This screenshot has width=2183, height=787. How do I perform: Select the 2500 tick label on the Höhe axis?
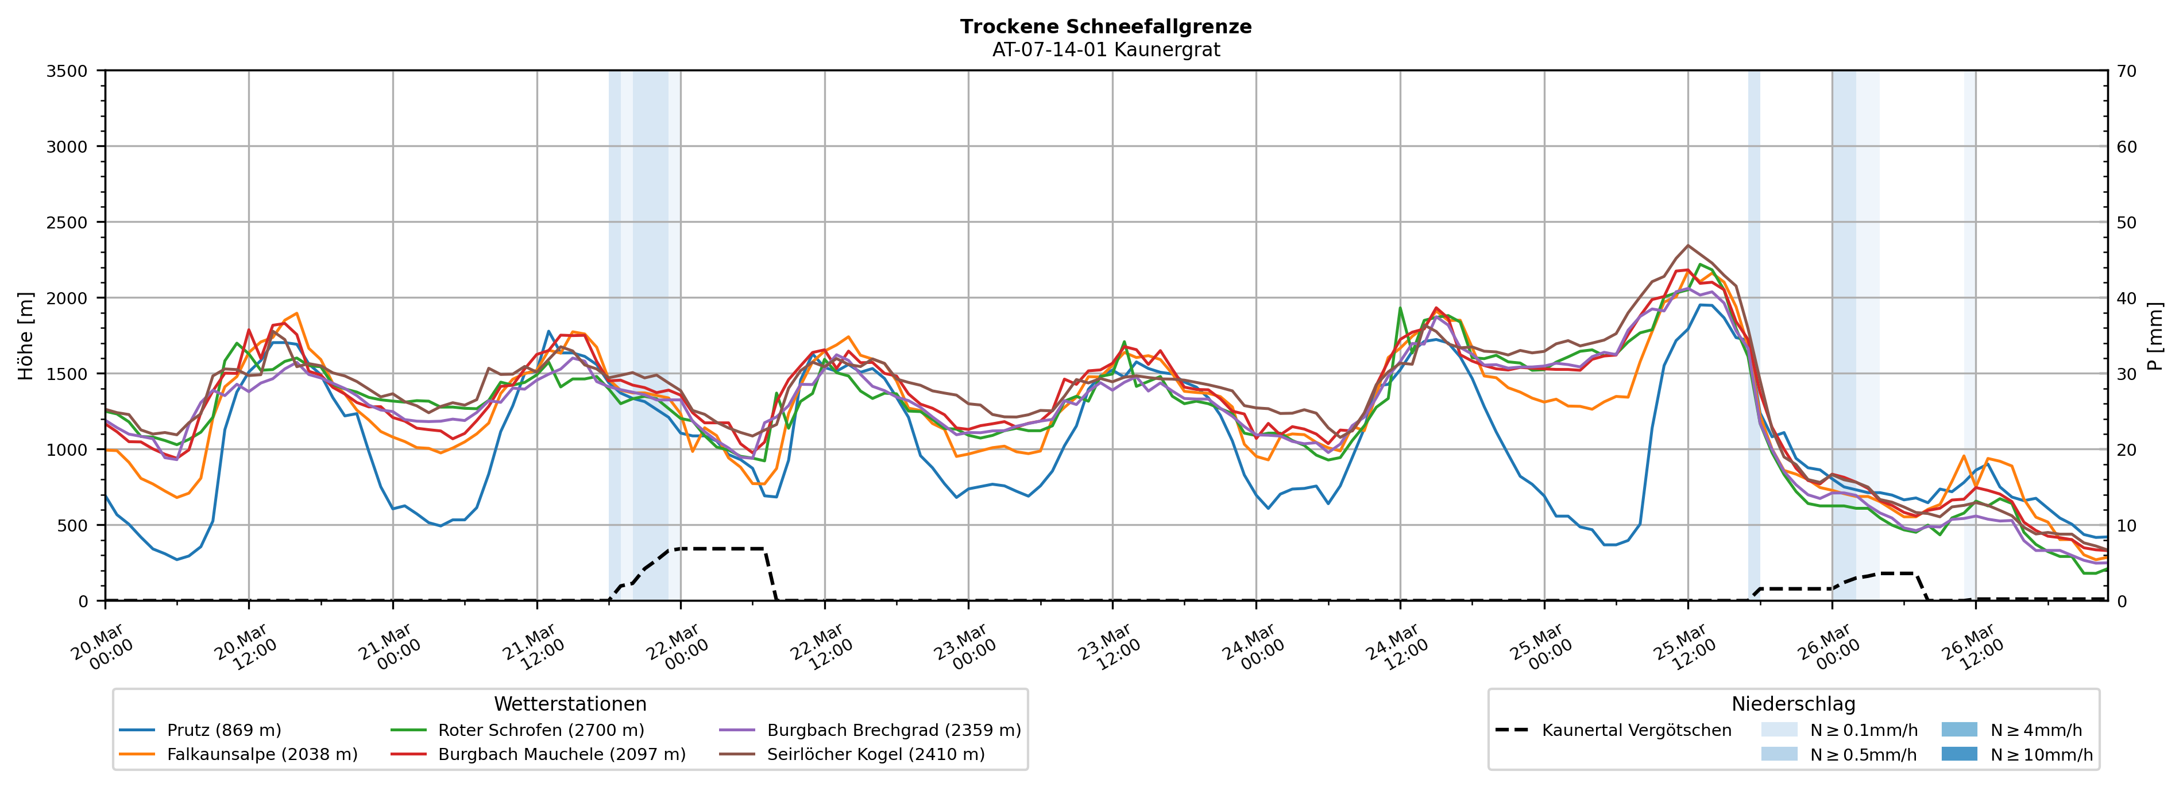[x=67, y=223]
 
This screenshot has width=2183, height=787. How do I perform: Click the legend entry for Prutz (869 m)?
[x=224, y=730]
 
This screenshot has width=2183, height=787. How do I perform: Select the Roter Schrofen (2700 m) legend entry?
[x=540, y=730]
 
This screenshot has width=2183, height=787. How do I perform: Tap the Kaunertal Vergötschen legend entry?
[x=1636, y=730]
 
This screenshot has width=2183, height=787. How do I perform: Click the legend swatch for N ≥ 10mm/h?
[x=1958, y=754]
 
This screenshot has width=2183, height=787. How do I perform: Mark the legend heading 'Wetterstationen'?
[x=570, y=704]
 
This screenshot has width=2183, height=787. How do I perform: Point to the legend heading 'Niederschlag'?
[x=1793, y=704]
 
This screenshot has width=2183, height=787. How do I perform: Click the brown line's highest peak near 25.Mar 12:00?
[x=1688, y=246]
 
